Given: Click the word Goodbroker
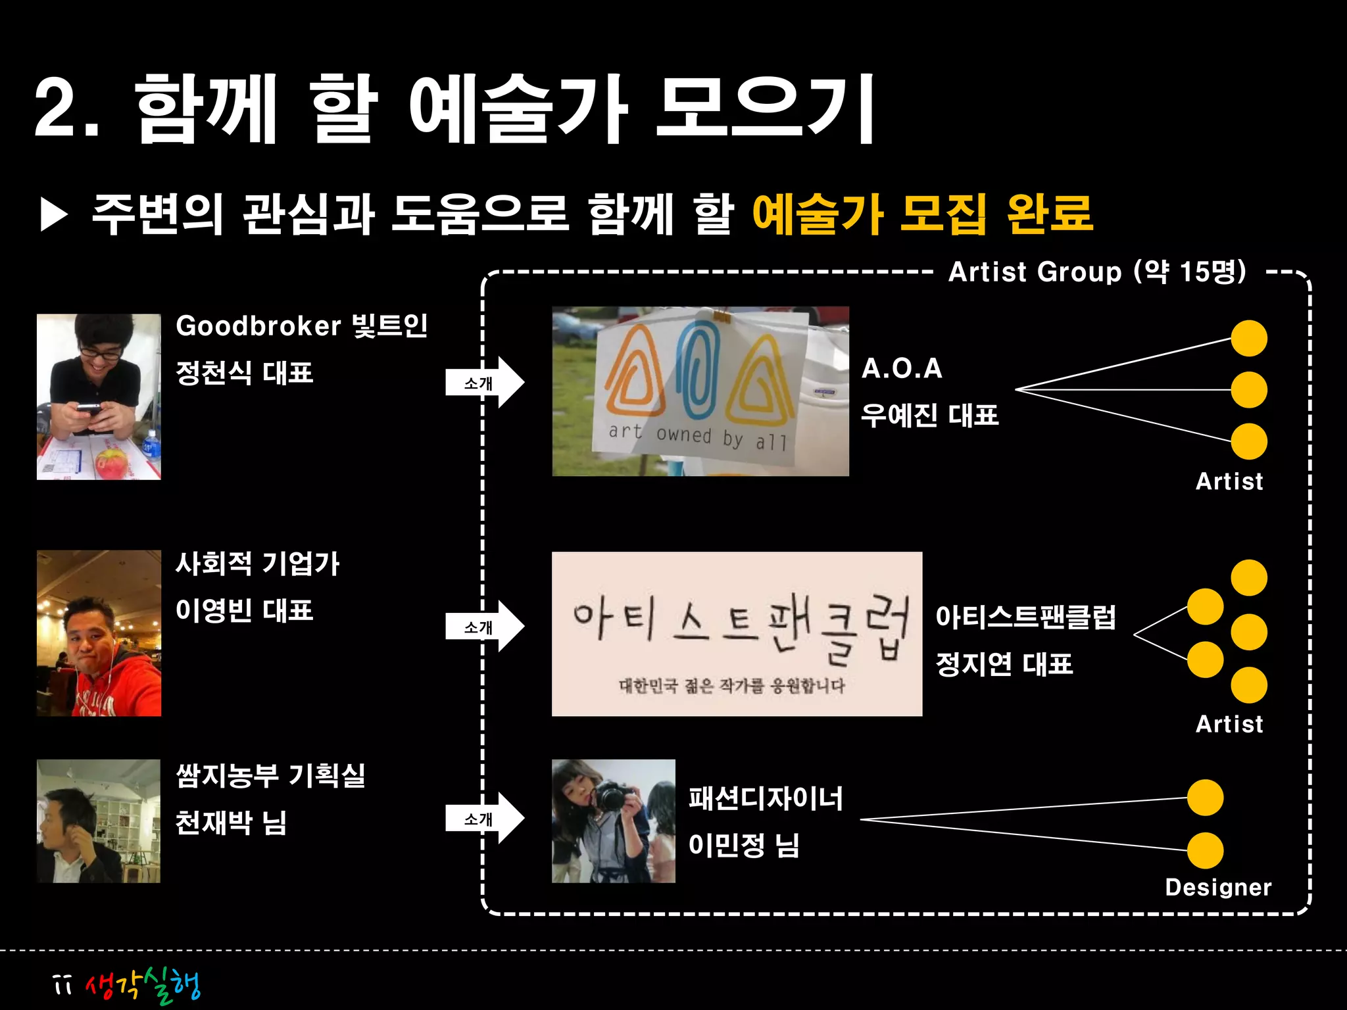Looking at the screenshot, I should click(258, 326).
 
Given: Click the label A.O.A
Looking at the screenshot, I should click(902, 369).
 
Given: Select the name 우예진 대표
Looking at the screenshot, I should click(929, 416).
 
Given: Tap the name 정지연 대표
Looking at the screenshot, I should click(1004, 664).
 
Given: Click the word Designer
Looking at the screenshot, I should click(1218, 887).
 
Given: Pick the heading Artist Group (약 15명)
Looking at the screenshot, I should click(1097, 272).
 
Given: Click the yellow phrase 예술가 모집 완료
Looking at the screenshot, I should click(922, 214).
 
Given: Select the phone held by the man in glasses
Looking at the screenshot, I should click(89, 409).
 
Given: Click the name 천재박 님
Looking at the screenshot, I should click(231, 823).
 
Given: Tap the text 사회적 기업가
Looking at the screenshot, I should click(257, 564).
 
